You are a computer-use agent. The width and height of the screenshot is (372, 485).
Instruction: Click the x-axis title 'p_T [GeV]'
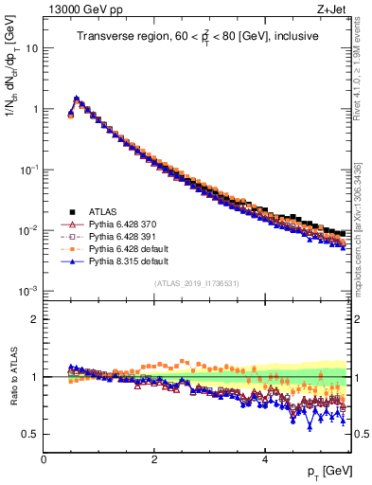click(x=324, y=471)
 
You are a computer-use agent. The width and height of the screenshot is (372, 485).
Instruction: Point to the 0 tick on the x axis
click(x=44, y=458)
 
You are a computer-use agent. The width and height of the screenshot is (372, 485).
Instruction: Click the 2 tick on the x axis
click(x=154, y=458)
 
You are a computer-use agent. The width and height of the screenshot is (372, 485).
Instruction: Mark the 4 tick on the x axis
click(x=265, y=458)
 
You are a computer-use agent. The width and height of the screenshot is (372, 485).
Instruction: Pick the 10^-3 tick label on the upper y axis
click(x=27, y=291)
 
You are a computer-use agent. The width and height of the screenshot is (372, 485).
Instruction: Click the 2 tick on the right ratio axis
click(x=358, y=318)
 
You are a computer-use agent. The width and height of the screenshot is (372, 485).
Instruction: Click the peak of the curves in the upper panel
click(x=76, y=98)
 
